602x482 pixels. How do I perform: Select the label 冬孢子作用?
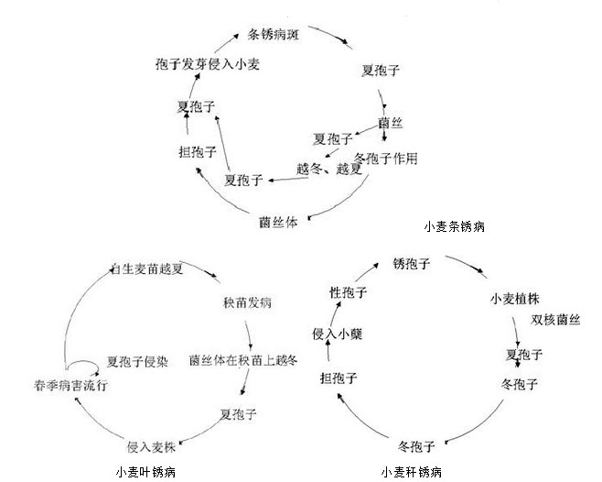[x=385, y=158]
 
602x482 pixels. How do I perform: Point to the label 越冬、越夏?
[x=323, y=170]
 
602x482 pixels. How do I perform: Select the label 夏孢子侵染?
[x=137, y=361]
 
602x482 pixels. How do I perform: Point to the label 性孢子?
[x=349, y=292]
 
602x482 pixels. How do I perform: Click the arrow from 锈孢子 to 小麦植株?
[x=465, y=265]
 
